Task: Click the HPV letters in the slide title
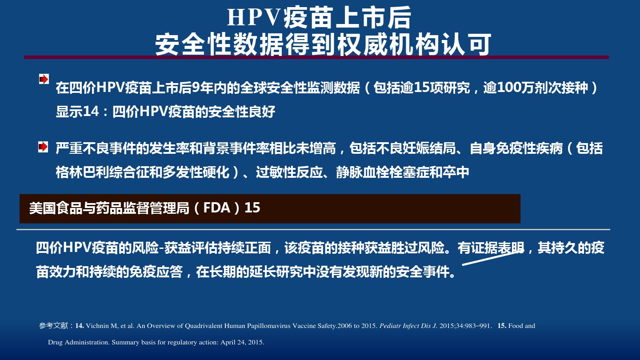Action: [252, 18]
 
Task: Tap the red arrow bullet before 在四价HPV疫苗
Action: [44, 79]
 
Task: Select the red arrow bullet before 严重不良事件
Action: [43, 147]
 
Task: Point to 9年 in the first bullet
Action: [198, 88]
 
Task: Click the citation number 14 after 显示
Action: [91, 112]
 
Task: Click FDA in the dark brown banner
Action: [217, 208]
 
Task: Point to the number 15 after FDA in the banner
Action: [252, 208]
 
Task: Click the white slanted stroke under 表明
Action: [493, 257]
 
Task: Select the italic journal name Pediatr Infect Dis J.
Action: [408, 326]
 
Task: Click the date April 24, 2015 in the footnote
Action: [242, 342]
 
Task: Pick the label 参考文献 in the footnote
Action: [53, 326]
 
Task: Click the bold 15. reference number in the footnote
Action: [502, 326]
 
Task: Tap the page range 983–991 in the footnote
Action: [477, 326]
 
